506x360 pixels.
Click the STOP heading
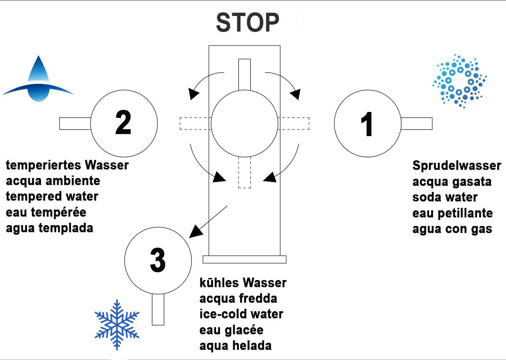pyautogui.click(x=247, y=23)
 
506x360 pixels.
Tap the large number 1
pyautogui.click(x=367, y=123)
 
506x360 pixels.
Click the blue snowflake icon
pyautogui.click(x=117, y=324)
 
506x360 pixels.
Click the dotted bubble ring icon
pyautogui.click(x=460, y=80)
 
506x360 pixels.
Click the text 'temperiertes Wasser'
pyautogui.click(x=67, y=166)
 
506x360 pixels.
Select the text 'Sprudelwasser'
pyautogui.click(x=456, y=166)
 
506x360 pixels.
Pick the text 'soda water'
pyautogui.click(x=445, y=197)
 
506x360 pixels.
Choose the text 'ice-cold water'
pyautogui.click(x=241, y=314)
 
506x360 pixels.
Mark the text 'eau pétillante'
pyautogui.click(x=452, y=213)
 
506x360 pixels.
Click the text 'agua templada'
pyautogui.click(x=50, y=228)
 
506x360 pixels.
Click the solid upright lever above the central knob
pyautogui.click(x=245, y=74)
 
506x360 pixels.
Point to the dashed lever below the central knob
pyautogui.click(x=245, y=173)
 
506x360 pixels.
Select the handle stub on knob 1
pyautogui.click(x=416, y=123)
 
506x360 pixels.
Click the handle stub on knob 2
pyautogui.click(x=75, y=123)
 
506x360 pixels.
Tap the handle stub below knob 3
pyautogui.click(x=158, y=309)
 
